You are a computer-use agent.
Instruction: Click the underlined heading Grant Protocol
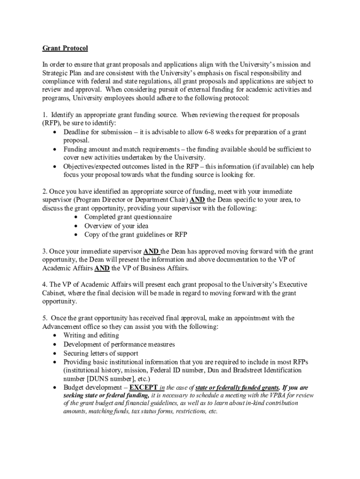pos(65,48)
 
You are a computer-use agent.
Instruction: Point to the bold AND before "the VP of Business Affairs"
pos(102,269)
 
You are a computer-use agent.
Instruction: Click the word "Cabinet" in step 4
pos(54,293)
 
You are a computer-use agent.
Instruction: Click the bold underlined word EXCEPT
pos(144,388)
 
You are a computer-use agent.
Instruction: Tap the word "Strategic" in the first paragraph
pos(56,73)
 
